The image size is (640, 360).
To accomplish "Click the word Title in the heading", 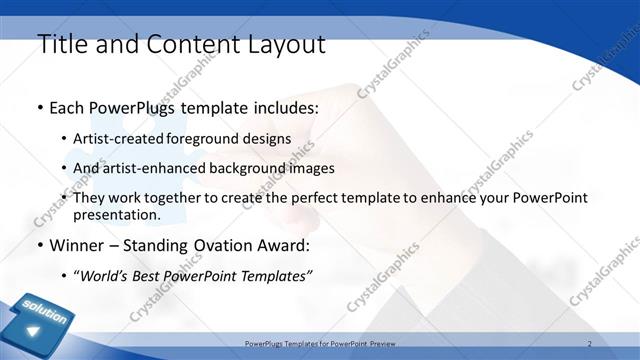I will [x=61, y=44].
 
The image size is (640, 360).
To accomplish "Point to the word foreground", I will [x=214, y=138].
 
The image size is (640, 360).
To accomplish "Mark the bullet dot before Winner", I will [x=39, y=245].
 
